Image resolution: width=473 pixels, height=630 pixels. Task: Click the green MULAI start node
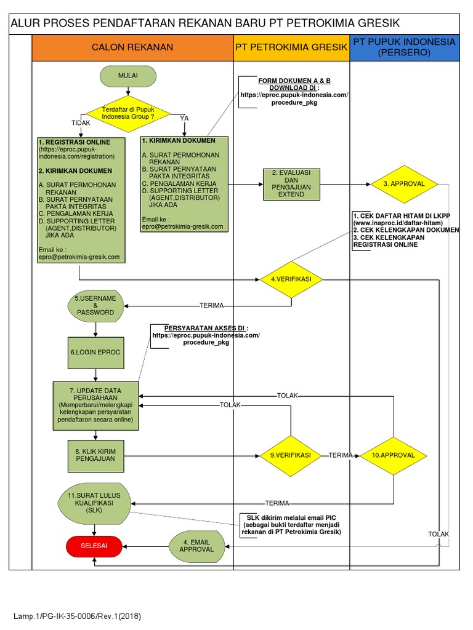[127, 76]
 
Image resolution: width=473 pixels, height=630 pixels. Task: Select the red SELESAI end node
[94, 544]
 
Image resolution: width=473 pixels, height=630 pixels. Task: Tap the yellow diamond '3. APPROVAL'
[403, 184]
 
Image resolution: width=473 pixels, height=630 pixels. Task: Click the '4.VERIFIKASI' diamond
[291, 279]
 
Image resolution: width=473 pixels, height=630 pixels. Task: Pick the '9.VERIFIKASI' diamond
[290, 455]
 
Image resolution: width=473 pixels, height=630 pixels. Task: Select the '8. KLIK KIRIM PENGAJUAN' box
[95, 456]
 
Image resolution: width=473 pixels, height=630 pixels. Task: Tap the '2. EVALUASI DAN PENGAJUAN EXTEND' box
[291, 184]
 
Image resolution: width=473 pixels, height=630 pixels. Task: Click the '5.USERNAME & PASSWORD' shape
[95, 305]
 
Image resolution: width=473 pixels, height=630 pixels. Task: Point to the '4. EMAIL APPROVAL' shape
[197, 545]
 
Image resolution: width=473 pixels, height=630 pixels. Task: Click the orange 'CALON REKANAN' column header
[132, 47]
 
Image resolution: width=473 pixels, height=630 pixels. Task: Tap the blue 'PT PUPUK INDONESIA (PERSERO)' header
[405, 47]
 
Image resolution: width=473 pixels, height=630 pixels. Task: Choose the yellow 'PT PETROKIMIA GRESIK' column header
[291, 47]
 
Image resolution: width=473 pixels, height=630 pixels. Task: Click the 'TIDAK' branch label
[81, 123]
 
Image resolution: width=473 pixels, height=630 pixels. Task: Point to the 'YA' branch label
[184, 118]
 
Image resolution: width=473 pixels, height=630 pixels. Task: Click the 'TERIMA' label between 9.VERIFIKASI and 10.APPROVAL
[340, 455]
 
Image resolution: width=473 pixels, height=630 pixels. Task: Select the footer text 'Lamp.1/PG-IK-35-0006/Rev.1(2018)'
[78, 615]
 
